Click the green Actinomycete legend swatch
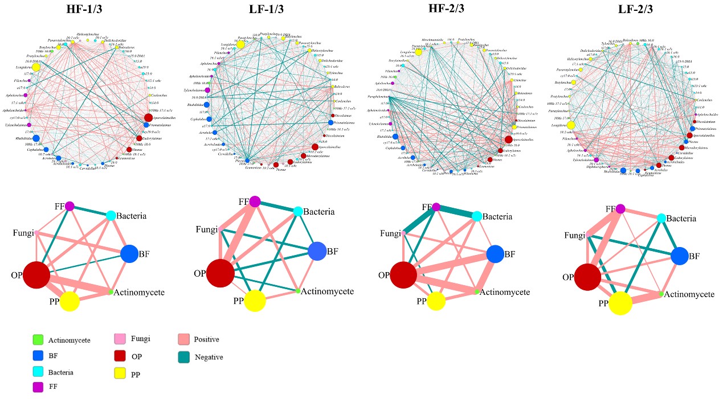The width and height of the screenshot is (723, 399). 38,340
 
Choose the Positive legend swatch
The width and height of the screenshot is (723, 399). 184,339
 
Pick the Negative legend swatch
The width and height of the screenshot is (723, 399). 184,357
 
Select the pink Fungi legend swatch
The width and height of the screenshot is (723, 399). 122,339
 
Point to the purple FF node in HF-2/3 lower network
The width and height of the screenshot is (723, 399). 436,207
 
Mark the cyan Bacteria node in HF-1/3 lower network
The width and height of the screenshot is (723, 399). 111,215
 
